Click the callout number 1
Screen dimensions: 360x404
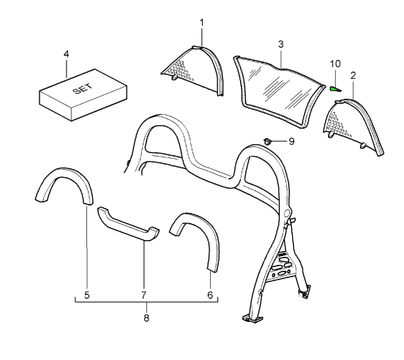coord(201,23)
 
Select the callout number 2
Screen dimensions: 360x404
coord(353,75)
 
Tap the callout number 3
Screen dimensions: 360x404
coord(280,44)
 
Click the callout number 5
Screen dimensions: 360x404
coord(86,296)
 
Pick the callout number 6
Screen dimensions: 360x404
coord(210,296)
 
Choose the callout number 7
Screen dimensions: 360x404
coord(144,296)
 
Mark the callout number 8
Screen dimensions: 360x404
coord(146,318)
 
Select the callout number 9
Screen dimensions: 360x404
coord(291,140)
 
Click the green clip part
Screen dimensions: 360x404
coord(334,89)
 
